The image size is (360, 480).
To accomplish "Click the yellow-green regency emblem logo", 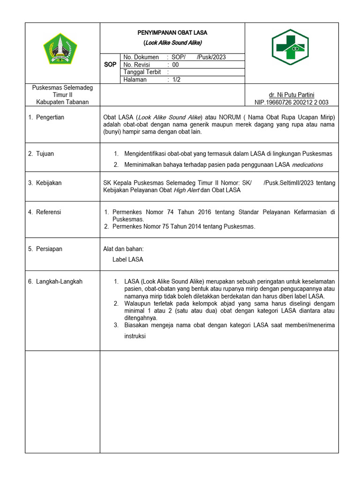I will pyautogui.click(x=60, y=49).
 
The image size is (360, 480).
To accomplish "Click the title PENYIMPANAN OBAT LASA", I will pyautogui.click(x=172, y=33).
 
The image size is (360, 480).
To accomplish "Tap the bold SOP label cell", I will pyautogui.click(x=110, y=65).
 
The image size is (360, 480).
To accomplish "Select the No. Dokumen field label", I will pyautogui.click(x=141, y=57).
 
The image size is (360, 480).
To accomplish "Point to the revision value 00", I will pyautogui.click(x=175, y=65).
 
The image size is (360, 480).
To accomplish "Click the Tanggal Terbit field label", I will pyautogui.click(x=142, y=72).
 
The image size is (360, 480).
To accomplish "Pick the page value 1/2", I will pyautogui.click(x=176, y=80).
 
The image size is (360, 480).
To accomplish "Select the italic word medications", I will pyautogui.click(x=307, y=165).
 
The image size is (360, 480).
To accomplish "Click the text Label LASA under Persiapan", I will pyautogui.click(x=127, y=259).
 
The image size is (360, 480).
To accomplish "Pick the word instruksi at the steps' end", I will pyautogui.click(x=135, y=336).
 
